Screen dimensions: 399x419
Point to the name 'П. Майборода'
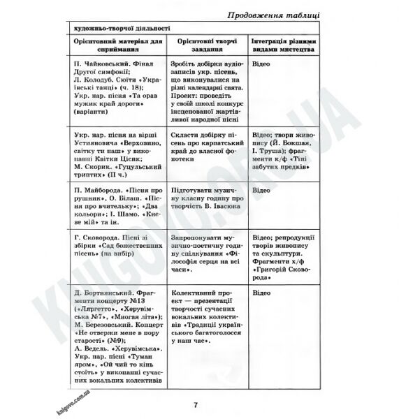(98, 189)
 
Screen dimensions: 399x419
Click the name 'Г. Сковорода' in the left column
(99, 237)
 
